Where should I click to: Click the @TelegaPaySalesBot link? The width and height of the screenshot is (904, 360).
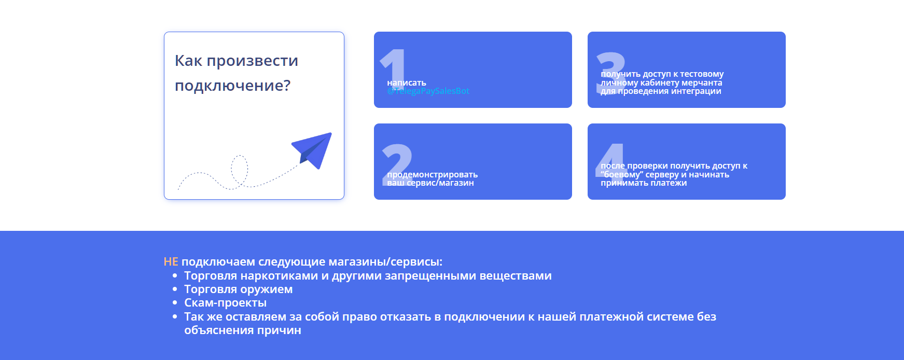pos(428,91)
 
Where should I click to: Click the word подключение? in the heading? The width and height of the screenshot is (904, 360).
pos(232,86)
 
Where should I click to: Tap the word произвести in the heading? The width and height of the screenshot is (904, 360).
pos(252,61)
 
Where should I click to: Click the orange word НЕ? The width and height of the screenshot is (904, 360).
pos(171,262)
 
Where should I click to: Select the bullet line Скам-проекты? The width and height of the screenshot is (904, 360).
pos(225,303)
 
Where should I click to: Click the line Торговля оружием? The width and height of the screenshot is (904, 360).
pos(238,289)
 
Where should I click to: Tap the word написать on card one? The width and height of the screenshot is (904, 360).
pos(407,83)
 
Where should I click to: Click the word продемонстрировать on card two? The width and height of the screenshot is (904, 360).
pos(432,175)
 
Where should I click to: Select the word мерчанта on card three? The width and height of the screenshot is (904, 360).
pos(702,83)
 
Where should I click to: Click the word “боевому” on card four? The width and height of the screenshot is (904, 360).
pos(622,175)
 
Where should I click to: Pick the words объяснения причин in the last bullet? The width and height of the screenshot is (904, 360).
pos(242,330)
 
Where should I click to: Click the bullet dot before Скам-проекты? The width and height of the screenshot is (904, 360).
pos(175,302)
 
